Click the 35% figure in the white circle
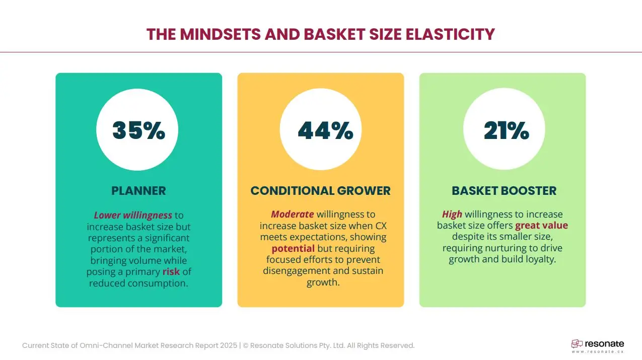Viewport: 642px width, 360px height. pos(138,130)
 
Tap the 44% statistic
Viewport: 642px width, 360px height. pos(326,130)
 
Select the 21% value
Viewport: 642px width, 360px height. pos(507,130)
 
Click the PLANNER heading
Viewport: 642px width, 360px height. pos(138,191)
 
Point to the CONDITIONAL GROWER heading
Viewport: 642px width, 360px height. pos(320,191)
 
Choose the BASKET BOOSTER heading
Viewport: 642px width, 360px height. pos(504,191)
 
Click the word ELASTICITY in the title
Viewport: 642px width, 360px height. pos(450,34)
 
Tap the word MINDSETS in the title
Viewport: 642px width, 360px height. pos(221,34)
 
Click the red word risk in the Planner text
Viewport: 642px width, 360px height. pos(171,271)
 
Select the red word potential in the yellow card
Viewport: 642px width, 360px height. pos(293,248)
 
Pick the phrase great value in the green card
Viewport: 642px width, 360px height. pos(541,225)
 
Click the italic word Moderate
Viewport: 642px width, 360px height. pos(293,214)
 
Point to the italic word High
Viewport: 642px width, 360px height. pos(452,214)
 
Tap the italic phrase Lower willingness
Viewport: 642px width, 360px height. pos(133,215)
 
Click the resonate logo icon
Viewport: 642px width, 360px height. pos(577,344)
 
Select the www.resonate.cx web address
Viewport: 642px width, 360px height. pos(598,351)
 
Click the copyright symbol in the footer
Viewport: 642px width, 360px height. pos(246,346)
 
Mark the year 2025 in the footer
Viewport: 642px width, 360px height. pos(229,346)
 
